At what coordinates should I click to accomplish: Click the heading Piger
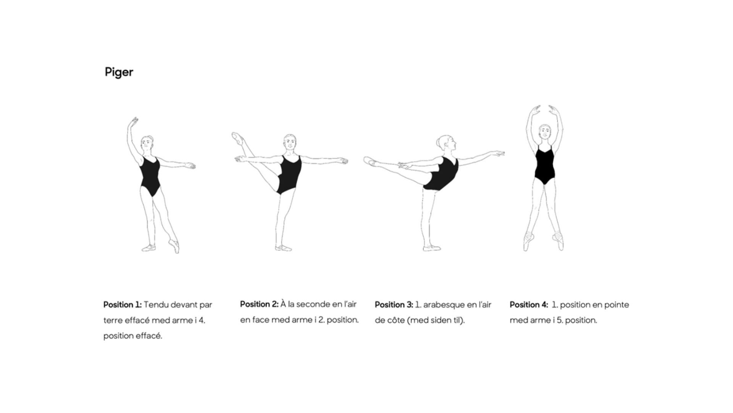pyautogui.click(x=119, y=72)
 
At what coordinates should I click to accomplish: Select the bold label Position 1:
pyautogui.click(x=122, y=305)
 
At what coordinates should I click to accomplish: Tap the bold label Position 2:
pyautogui.click(x=259, y=304)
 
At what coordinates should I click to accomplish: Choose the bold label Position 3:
pyautogui.click(x=394, y=305)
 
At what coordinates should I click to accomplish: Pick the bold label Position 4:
pyautogui.click(x=529, y=305)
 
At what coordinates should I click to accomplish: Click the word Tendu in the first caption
pyautogui.click(x=156, y=305)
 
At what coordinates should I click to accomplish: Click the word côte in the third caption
pyautogui.click(x=396, y=320)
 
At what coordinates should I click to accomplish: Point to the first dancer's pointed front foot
pyautogui.click(x=174, y=246)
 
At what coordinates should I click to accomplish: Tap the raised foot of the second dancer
pyautogui.click(x=238, y=138)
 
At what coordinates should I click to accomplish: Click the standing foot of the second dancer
pyautogui.click(x=283, y=248)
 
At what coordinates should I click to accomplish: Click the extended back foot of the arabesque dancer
pyautogui.click(x=371, y=161)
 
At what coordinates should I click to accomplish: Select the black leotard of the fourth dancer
pyautogui.click(x=544, y=165)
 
